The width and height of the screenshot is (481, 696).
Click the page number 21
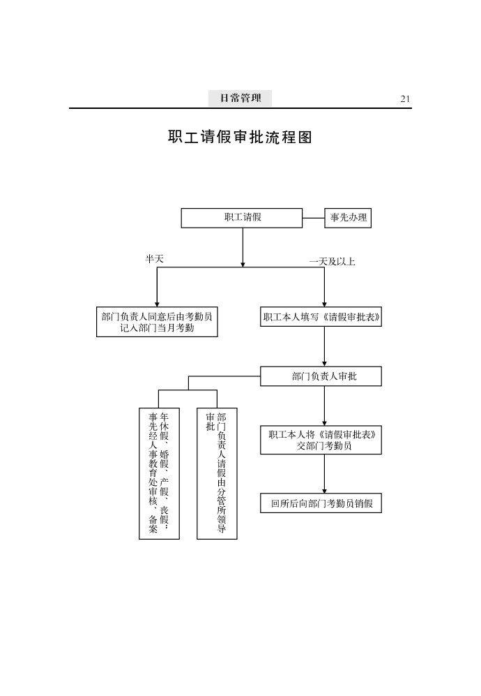coord(405,98)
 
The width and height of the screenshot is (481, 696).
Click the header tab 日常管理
coord(240,98)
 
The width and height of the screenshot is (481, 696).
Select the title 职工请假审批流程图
coord(240,137)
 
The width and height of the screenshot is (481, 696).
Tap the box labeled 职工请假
coord(242,218)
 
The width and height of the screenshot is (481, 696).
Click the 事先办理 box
coord(348,218)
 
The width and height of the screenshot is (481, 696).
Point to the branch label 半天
coord(154,258)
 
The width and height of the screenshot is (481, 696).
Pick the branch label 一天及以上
coord(332,262)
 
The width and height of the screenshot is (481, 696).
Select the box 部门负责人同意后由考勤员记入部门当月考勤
coord(157,322)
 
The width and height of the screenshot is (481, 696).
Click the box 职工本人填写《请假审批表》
coord(321,317)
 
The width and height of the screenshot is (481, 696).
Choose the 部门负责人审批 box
coord(321,376)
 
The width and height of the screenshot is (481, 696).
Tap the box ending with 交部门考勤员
coord(321,440)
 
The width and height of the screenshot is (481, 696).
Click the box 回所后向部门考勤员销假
coord(321,503)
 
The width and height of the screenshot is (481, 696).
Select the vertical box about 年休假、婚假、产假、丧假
coord(159,473)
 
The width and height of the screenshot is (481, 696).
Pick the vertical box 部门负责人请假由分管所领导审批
coord(217,473)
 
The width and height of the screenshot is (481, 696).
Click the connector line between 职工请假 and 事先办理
coord(314,218)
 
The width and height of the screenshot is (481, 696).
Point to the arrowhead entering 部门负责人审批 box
coord(324,364)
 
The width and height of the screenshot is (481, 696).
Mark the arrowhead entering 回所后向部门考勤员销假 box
coord(324,491)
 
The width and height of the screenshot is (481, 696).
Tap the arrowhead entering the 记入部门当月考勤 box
coord(156,304)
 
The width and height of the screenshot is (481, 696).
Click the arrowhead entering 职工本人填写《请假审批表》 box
coord(324,304)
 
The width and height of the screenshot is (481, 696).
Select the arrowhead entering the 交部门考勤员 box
coord(324,423)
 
